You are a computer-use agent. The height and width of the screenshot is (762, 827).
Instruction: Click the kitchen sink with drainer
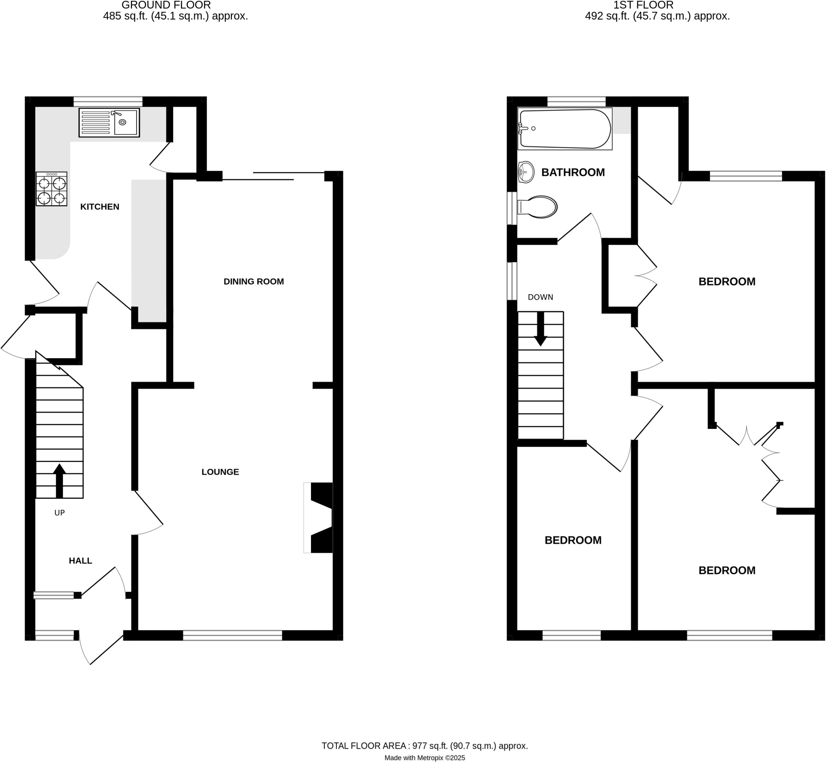tap(109, 122)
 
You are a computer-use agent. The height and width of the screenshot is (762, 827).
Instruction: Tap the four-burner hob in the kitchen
tap(51, 189)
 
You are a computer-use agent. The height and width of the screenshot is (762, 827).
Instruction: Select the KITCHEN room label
tap(100, 207)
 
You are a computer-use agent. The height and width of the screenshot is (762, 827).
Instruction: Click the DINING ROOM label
tap(254, 282)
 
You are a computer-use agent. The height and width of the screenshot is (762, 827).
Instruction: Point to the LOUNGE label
tap(220, 472)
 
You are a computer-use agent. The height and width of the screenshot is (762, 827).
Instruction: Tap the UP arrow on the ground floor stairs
tap(59, 481)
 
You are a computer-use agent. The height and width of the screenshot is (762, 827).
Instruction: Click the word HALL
tap(80, 561)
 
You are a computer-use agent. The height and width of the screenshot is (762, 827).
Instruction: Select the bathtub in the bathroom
tap(565, 129)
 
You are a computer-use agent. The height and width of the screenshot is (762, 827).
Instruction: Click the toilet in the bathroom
tap(538, 207)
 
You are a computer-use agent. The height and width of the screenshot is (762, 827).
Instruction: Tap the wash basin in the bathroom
tap(526, 172)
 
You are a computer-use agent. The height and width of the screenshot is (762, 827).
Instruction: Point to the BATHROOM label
tap(573, 172)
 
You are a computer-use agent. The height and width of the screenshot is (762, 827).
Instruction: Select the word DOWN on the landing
tap(540, 297)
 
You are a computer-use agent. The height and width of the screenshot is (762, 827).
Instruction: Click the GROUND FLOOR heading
tap(166, 5)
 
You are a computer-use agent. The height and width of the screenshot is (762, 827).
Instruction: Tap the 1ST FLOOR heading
tap(643, 5)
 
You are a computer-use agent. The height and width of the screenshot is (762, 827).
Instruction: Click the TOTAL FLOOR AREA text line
tap(425, 746)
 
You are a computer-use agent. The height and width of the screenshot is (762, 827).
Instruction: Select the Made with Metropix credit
tap(425, 758)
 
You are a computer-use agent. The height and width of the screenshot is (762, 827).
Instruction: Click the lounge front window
tap(232, 635)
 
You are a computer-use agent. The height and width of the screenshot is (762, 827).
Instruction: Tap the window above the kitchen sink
tap(108, 101)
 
